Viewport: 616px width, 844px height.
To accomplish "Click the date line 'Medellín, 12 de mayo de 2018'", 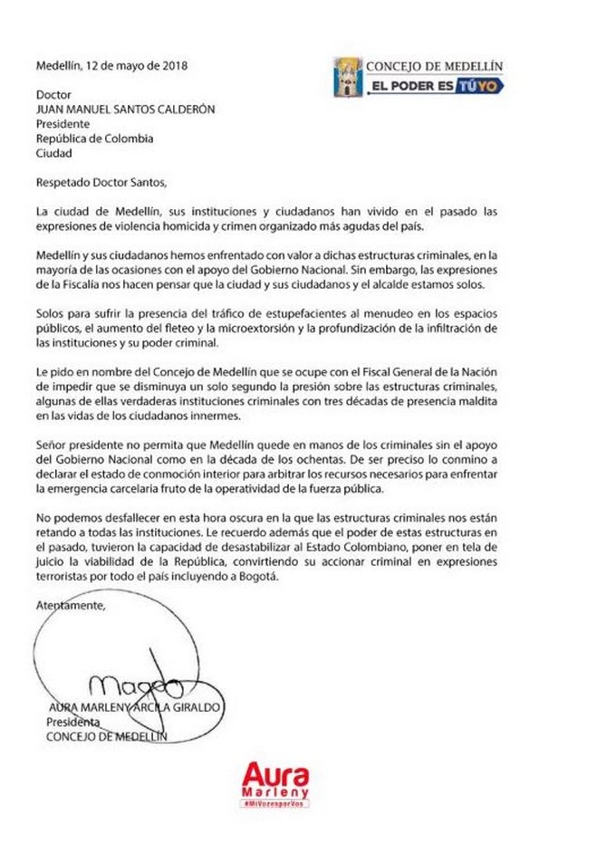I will click(x=111, y=65).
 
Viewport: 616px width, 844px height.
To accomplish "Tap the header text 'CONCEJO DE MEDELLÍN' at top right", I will click(x=434, y=66).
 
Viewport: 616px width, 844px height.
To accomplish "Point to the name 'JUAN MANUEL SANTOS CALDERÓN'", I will click(x=126, y=110).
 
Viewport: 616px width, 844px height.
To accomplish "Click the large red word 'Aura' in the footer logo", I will click(x=275, y=776).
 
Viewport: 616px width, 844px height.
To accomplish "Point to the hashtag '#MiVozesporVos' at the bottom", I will click(x=275, y=805).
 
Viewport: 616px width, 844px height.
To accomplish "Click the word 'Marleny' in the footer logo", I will click(x=275, y=793).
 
